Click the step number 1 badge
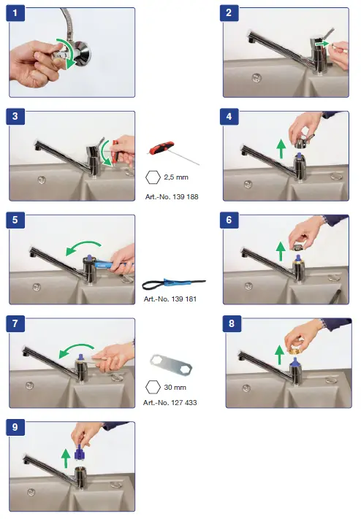(x=15, y=13)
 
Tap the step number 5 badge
(x=15, y=220)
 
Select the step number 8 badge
(x=232, y=323)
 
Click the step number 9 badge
(x=15, y=427)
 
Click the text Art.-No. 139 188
(x=172, y=197)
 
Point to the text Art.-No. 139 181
(x=170, y=299)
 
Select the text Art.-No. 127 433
(x=170, y=403)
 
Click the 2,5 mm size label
(x=176, y=177)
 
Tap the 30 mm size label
(x=175, y=388)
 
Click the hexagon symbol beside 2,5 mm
(x=153, y=177)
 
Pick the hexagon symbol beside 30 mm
(x=153, y=388)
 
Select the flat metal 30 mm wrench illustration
(x=171, y=365)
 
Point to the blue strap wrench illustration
(x=174, y=285)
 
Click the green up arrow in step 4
(x=281, y=149)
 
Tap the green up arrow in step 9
(x=66, y=458)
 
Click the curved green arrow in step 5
(x=83, y=245)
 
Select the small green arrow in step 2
(x=322, y=44)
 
